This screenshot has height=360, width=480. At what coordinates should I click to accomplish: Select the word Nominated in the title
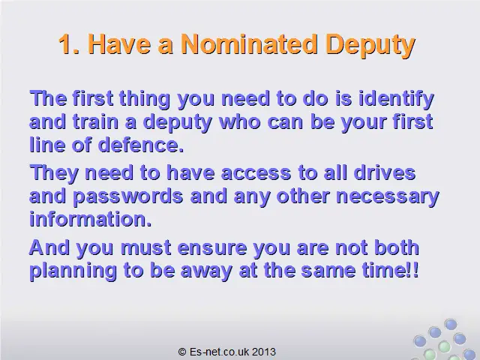[x=249, y=44]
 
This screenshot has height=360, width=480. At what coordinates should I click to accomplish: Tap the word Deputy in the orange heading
[x=370, y=46]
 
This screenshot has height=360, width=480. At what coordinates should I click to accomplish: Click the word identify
[x=396, y=100]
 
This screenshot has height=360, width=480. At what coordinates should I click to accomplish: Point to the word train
[x=95, y=121]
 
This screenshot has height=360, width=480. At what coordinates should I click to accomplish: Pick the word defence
[x=141, y=145]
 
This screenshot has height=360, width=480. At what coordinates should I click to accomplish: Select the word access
[x=256, y=173]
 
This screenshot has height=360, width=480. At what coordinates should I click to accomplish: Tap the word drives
[x=385, y=172]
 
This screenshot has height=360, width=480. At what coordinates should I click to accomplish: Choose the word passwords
[x=128, y=196]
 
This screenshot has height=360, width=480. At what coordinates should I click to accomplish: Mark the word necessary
[x=388, y=197]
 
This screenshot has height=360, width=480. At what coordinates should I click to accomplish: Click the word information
[x=91, y=218]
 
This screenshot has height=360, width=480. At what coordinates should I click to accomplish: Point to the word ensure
[x=212, y=248]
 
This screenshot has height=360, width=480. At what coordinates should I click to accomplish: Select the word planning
[x=73, y=271]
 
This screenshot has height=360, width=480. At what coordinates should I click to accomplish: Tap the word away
[x=206, y=271]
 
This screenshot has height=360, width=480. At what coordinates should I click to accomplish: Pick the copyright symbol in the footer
[x=182, y=352]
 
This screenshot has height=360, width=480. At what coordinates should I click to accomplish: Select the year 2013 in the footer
[x=264, y=352]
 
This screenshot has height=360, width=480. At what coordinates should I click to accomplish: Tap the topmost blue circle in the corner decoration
[x=451, y=324]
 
